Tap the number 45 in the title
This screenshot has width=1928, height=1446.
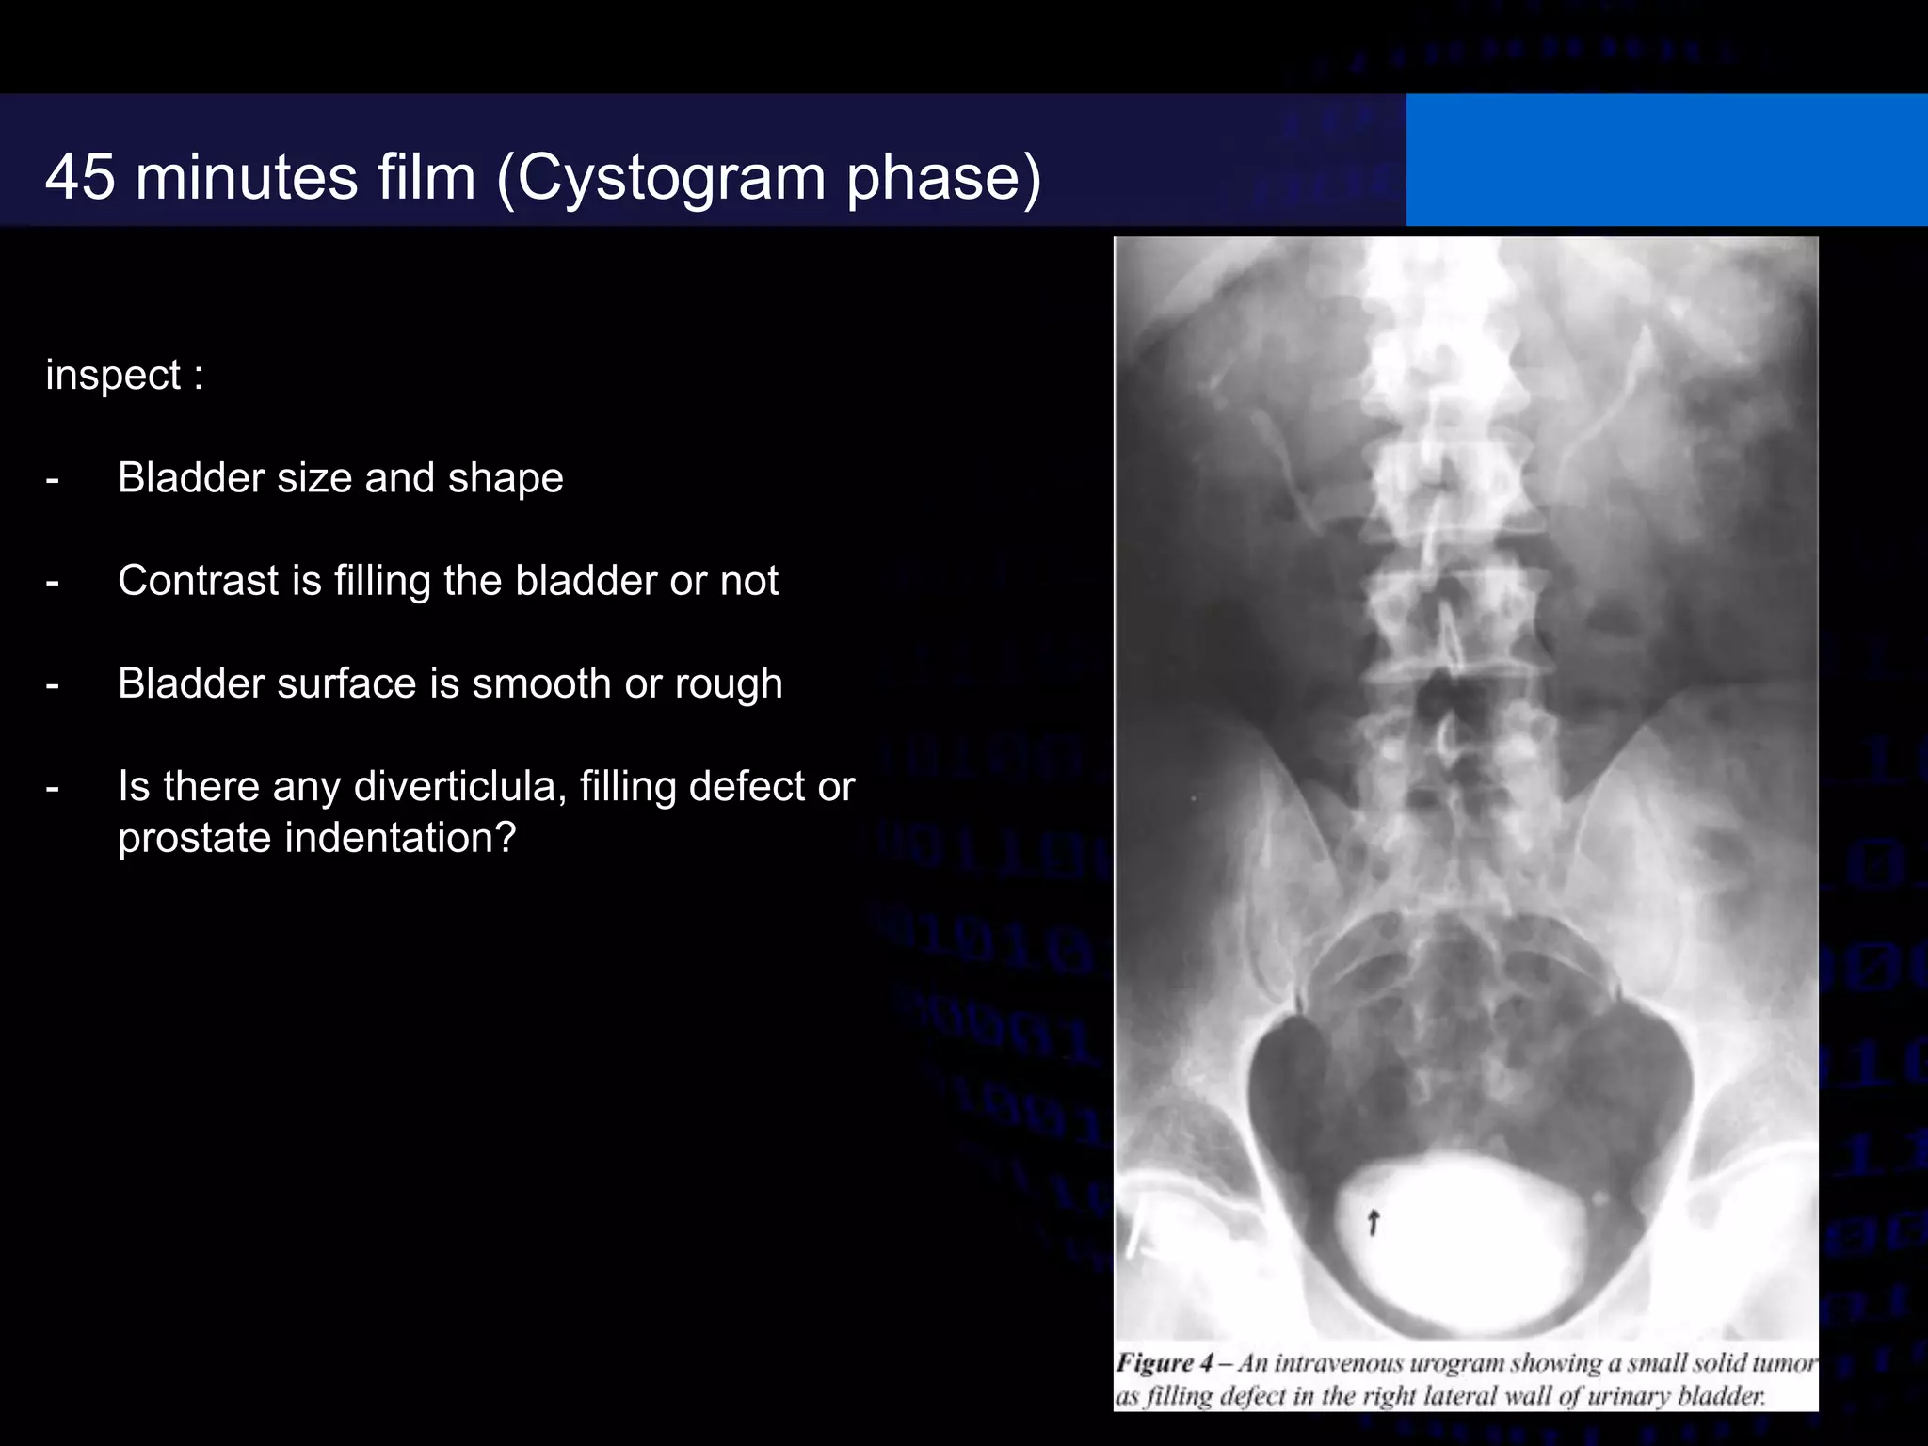click(80, 177)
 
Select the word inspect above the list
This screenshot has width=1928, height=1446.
click(113, 376)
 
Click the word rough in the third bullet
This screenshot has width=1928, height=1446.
click(728, 683)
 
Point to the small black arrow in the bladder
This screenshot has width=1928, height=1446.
click(1373, 1222)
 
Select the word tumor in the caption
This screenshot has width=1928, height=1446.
click(1785, 1363)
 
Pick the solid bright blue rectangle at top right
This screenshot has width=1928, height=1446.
click(1666, 160)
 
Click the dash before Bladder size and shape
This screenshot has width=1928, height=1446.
click(53, 479)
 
